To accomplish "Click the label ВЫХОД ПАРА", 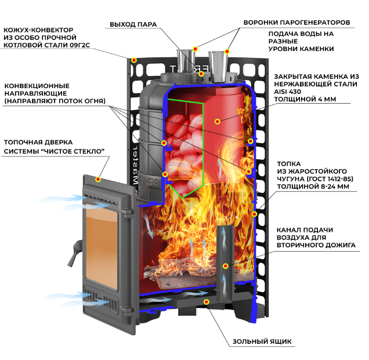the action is tap(133, 24).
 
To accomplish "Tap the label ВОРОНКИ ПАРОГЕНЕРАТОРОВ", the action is tap(296, 23).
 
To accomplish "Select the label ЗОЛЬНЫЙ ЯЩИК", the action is tap(262, 341).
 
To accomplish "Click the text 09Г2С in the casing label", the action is tap(80, 45).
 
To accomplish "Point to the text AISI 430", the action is tap(287, 92).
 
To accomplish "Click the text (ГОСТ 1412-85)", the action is tap(330, 179).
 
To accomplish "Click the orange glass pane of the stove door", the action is tap(101, 247).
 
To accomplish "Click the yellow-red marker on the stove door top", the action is tap(98, 179).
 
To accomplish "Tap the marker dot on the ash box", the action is tap(207, 302).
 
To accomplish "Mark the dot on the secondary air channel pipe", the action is tap(226, 266).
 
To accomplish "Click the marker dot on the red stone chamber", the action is tap(218, 122).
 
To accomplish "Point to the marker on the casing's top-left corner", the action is tap(134, 60).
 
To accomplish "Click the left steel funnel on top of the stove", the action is tap(186, 61).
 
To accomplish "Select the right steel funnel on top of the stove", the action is tap(218, 67).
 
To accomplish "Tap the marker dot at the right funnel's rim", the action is tap(227, 52).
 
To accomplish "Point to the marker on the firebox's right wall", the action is tap(254, 214).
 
